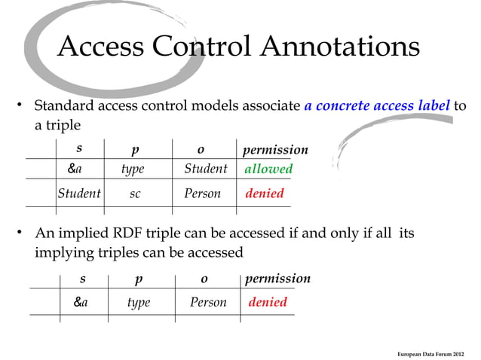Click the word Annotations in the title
[340, 47]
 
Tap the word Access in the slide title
[101, 47]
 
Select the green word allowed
[268, 169]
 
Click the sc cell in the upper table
[134, 194]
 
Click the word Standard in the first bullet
[65, 105]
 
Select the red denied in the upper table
[265, 194]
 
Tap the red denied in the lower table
[268, 302]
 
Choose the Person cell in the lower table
[208, 302]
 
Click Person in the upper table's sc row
[203, 194]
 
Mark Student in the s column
[79, 194]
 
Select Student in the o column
[205, 169]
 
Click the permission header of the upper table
[275, 150]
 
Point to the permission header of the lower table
[277, 279]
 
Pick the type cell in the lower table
[139, 302]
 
